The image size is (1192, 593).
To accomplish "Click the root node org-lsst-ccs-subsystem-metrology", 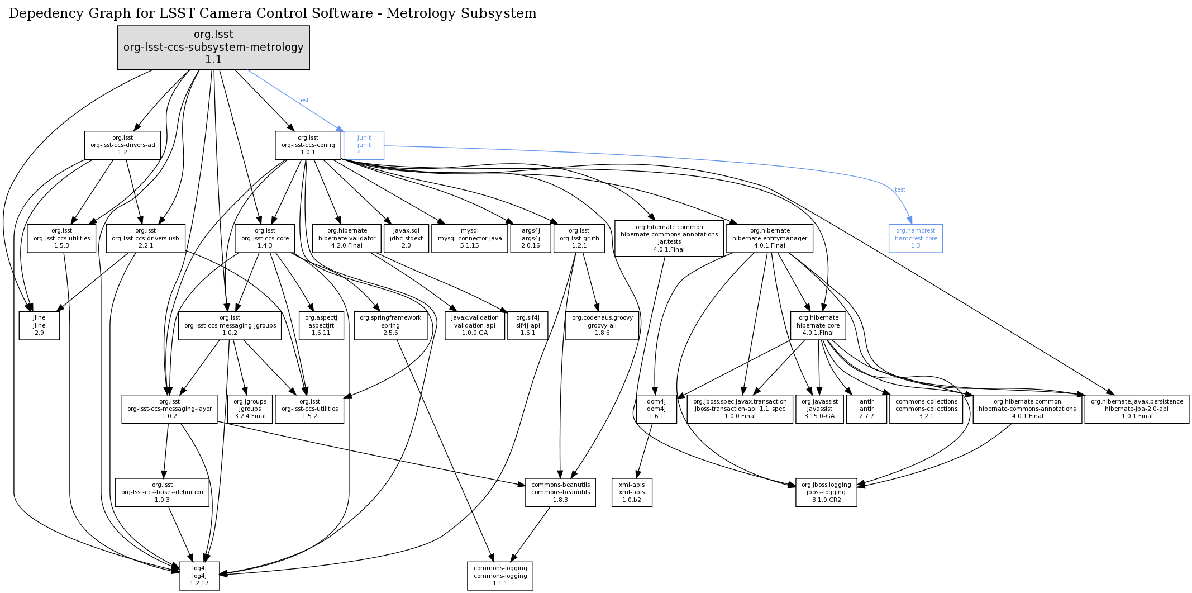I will (213, 48).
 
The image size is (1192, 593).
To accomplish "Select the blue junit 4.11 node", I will (364, 145).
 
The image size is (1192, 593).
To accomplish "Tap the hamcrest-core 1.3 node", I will (915, 238).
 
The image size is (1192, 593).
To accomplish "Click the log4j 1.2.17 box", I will (199, 576).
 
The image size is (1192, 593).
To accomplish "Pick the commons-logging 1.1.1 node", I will (500, 576).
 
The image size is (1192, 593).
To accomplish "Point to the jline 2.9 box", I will (39, 325).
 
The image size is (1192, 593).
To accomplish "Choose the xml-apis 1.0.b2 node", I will (632, 492).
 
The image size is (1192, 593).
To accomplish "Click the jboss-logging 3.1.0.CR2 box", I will (826, 492).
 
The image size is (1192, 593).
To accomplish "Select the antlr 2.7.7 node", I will (866, 409).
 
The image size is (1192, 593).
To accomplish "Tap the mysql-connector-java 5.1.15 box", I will (469, 238).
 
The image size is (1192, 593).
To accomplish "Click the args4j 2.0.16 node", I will (530, 238).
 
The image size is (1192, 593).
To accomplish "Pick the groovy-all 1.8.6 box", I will (602, 325).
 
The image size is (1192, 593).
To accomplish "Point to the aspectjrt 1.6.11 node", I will (321, 325).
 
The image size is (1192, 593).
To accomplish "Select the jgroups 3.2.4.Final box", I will (250, 409).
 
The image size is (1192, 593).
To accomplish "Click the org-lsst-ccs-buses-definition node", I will (162, 492).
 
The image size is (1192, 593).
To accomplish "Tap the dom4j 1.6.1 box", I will (656, 409).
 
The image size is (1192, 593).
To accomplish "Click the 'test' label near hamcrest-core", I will (900, 190).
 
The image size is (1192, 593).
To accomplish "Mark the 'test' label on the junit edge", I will (303, 101).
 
